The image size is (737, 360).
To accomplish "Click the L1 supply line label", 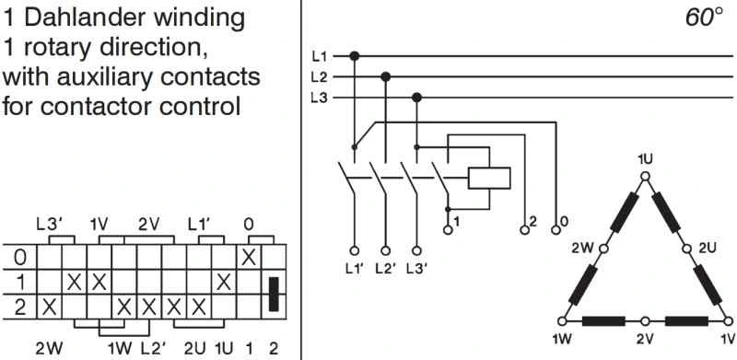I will tap(319, 56).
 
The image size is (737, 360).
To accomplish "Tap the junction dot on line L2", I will tap(385, 76).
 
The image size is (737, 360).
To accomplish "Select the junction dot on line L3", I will tap(416, 97).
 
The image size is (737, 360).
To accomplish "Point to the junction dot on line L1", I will tap(354, 56).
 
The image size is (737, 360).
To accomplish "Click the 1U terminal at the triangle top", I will tap(645, 174).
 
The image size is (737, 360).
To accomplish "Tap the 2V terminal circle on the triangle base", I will tap(645, 321).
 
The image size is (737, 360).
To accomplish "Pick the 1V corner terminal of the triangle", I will tap(730, 321).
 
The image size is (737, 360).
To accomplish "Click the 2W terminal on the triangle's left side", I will tap(602, 248).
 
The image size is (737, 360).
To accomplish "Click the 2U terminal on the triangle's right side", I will tap(687, 248).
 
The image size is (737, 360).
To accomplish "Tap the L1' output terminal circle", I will tap(354, 250).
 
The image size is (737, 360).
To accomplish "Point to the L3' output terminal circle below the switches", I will tap(416, 250).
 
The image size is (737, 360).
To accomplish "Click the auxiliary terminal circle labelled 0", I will tap(555, 223).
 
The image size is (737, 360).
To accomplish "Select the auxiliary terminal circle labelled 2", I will tap(522, 223).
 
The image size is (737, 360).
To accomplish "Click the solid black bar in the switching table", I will tap(273, 294).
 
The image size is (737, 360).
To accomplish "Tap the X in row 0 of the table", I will tap(248, 257).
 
